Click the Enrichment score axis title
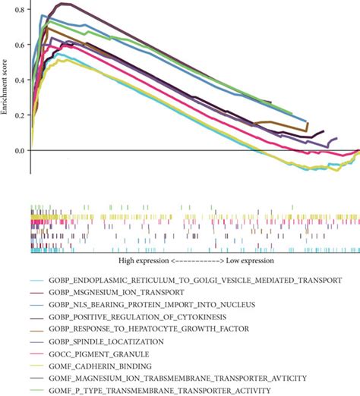(x=6, y=80)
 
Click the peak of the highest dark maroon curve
(x=66, y=4)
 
